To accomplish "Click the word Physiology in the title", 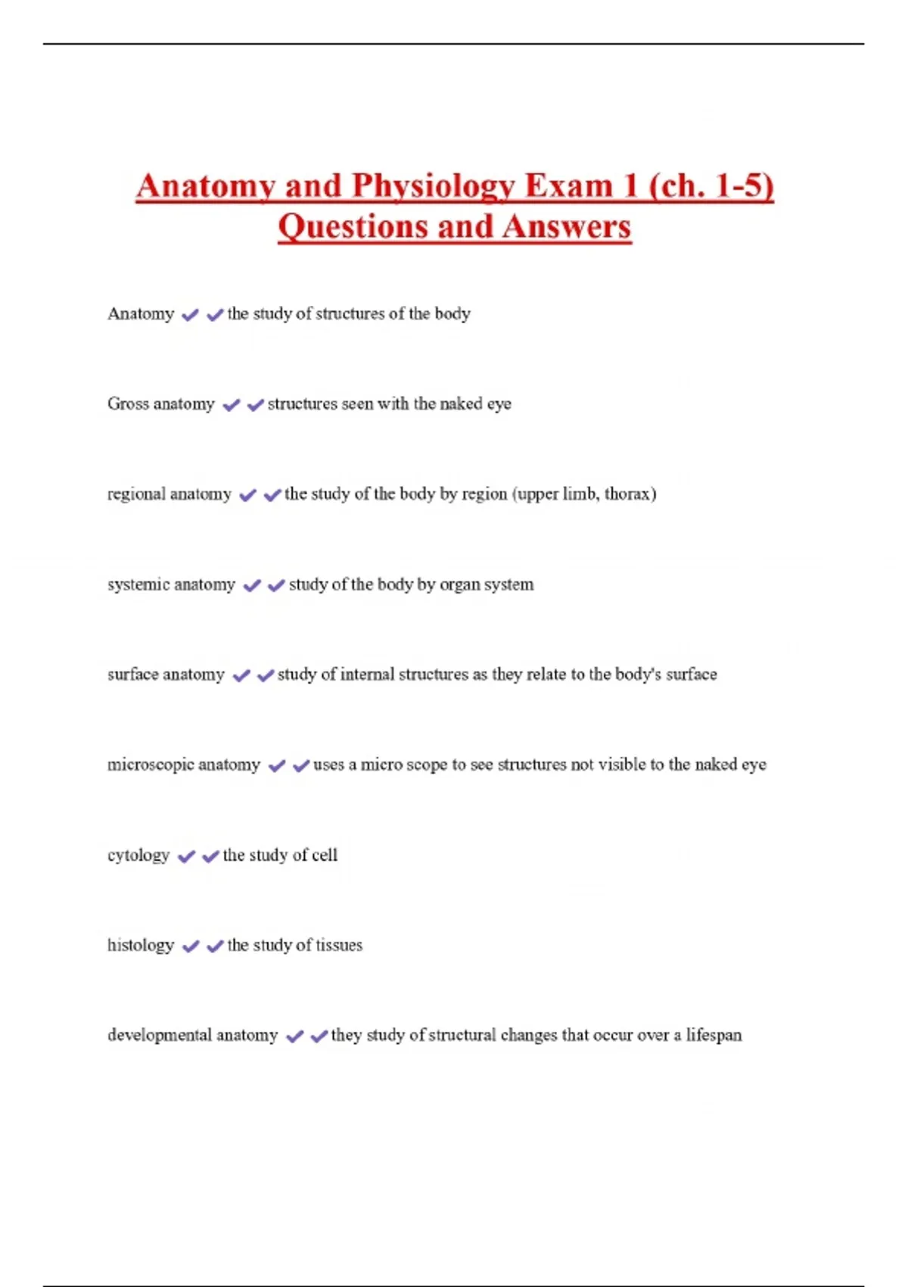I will coord(433,186).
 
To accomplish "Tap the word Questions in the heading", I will coord(353,226).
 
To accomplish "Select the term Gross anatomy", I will coord(160,404).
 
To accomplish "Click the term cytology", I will coord(138,855).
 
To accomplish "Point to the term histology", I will coord(141,945).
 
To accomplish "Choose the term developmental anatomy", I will coord(192,1035).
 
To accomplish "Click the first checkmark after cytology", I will coord(185,856).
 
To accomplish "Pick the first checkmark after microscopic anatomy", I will coord(277,766).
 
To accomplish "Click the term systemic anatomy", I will coord(171,584).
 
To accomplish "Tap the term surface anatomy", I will coord(166,675).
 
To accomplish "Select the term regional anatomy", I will coord(169,494).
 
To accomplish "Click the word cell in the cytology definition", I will coord(325,855).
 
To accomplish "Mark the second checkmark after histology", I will coord(215,946).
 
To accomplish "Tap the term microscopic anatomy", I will coord(184,765).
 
